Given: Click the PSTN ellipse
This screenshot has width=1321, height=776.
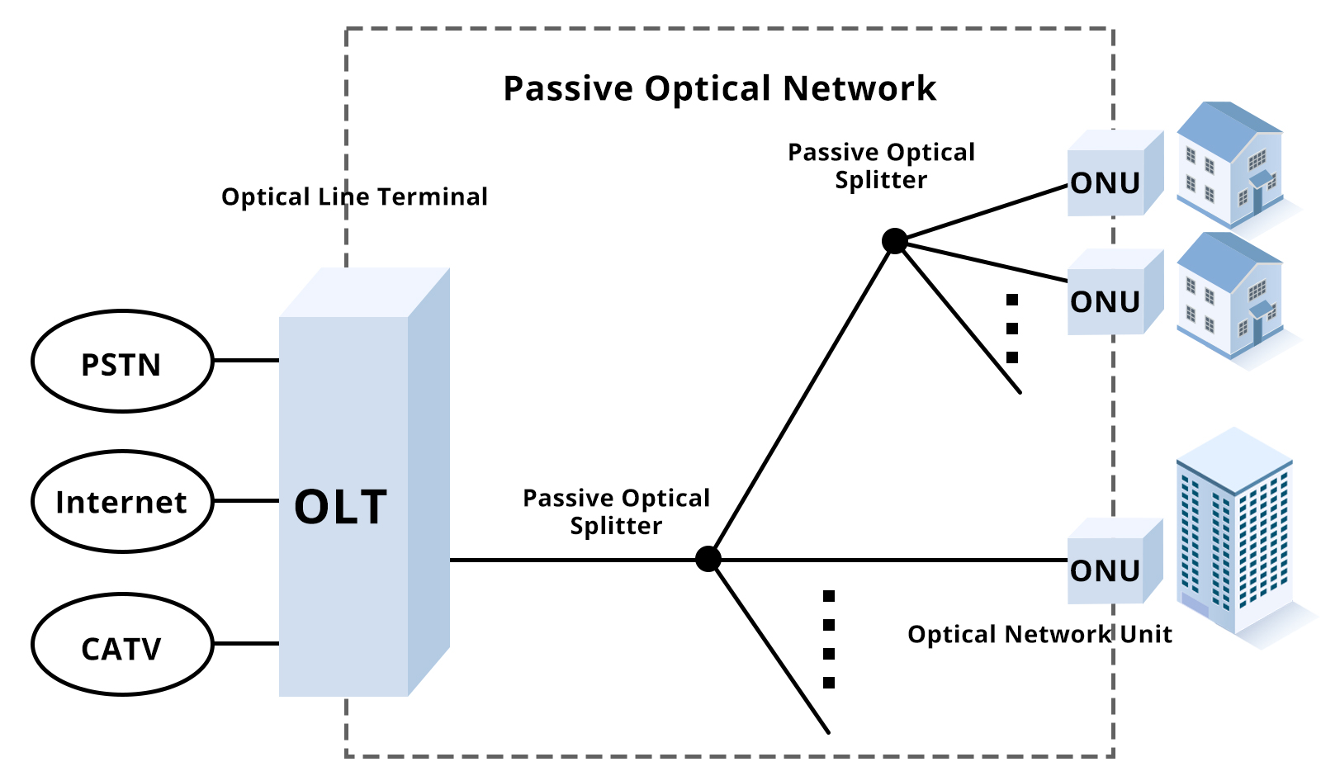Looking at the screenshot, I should pyautogui.click(x=121, y=362).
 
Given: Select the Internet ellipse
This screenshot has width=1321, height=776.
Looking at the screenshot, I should pyautogui.click(x=121, y=501).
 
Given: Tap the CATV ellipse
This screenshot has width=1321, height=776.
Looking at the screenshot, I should pyautogui.click(x=121, y=645).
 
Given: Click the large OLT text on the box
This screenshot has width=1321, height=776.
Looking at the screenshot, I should pyautogui.click(x=340, y=507).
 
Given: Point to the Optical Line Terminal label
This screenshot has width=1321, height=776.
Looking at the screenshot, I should pyautogui.click(x=354, y=197).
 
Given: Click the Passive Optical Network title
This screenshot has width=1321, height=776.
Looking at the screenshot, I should pyautogui.click(x=719, y=88).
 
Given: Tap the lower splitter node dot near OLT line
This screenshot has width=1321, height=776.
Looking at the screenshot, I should pyautogui.click(x=708, y=559).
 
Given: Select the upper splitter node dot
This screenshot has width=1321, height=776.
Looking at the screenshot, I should pyautogui.click(x=894, y=241).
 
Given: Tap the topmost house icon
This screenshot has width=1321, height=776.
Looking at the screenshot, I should pyautogui.click(x=1230, y=165).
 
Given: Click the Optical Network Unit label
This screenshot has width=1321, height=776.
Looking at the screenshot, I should pyautogui.click(x=1039, y=634).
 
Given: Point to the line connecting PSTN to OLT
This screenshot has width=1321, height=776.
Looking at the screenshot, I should pyautogui.click(x=245, y=361).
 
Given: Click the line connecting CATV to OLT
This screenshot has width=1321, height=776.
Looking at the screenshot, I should pyautogui.click(x=245, y=643).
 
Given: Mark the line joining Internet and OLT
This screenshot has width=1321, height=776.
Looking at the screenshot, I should pyautogui.click(x=245, y=500).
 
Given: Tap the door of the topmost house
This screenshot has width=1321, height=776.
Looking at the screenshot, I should pyautogui.click(x=1257, y=198).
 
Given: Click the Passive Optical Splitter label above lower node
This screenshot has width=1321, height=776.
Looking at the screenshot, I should pyautogui.click(x=616, y=512).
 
